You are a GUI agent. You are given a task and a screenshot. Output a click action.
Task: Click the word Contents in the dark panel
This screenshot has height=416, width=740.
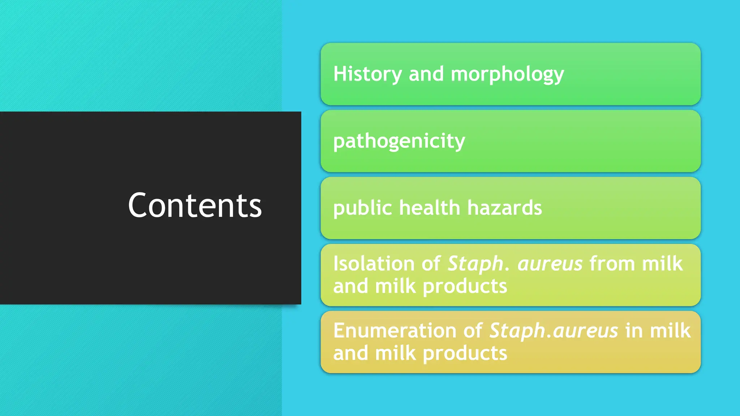point(195,205)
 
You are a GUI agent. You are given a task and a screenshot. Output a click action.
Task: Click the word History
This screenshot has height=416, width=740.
point(367,74)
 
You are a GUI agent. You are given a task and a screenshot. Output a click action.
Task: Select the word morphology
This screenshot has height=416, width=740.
point(507,75)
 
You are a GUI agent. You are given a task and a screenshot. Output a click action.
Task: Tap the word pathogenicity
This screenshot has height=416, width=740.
point(399,141)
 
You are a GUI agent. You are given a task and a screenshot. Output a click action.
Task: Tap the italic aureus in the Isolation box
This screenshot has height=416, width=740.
point(550,264)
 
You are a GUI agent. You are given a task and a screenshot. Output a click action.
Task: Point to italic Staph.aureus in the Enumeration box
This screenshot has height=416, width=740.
point(554,331)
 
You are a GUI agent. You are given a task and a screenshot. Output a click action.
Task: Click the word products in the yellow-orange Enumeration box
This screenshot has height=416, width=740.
point(465,354)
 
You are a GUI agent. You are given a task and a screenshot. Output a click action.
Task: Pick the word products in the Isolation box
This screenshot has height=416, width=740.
point(465,287)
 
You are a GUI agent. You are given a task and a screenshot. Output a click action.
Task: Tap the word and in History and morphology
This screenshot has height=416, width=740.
point(426,74)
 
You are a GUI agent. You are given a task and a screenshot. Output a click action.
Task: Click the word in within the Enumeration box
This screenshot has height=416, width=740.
point(634,330)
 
